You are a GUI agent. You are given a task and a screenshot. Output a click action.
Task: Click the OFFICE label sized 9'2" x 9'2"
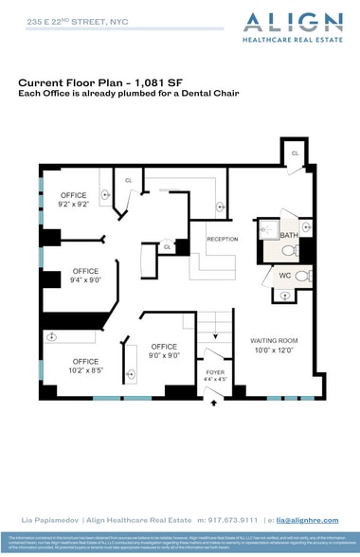tap(73, 200)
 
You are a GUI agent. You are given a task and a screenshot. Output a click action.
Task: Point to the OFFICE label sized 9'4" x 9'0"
tap(85, 276)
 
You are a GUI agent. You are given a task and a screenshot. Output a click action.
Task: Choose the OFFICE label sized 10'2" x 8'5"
tap(85, 366)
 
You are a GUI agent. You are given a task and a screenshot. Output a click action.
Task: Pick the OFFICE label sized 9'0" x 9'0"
tap(164, 350)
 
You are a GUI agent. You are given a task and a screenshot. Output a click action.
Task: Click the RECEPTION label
tap(222, 239)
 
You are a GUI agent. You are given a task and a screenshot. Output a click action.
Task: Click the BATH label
tap(287, 235)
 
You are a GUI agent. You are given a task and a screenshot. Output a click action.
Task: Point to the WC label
tap(283, 275)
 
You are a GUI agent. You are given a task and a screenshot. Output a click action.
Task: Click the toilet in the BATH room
tap(289, 252)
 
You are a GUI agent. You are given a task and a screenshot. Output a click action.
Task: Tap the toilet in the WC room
tap(301, 276)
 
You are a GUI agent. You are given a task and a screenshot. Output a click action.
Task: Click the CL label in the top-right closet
tap(295, 153)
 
